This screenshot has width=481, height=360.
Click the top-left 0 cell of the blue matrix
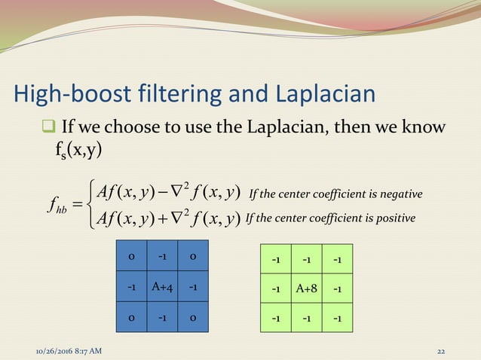(x=132, y=257)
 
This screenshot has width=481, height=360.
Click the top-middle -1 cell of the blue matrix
(x=162, y=257)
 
